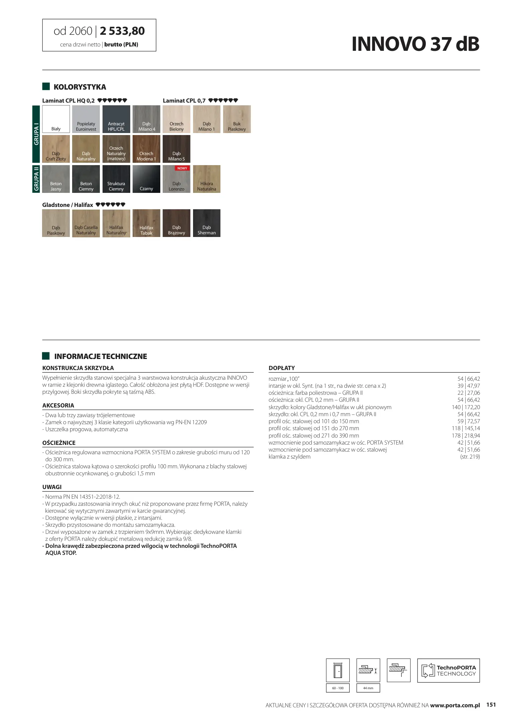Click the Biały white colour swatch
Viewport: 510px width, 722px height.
point(56,119)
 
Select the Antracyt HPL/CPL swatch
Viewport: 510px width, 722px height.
point(116,119)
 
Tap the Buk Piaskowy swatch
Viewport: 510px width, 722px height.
point(237,119)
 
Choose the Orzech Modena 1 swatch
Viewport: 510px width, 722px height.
point(146,149)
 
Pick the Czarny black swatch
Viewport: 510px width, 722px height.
point(146,179)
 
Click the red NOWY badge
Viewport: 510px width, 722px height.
point(182,168)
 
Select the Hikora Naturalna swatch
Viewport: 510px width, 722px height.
point(207,179)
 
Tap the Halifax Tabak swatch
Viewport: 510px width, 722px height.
point(146,223)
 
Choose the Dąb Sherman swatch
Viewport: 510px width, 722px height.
point(207,223)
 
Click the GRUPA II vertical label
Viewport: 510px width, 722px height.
point(36,179)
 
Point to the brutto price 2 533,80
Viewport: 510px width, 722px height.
point(122,31)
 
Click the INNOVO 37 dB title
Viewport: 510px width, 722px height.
point(415,44)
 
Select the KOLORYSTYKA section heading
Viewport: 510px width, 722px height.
point(80,87)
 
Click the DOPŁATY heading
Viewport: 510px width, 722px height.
point(282,368)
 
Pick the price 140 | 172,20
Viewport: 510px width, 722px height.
point(466,407)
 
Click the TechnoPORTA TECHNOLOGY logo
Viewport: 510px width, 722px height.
point(448,670)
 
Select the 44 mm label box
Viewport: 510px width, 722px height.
point(368,688)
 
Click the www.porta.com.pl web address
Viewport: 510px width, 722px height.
point(455,705)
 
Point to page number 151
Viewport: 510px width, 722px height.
point(491,705)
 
